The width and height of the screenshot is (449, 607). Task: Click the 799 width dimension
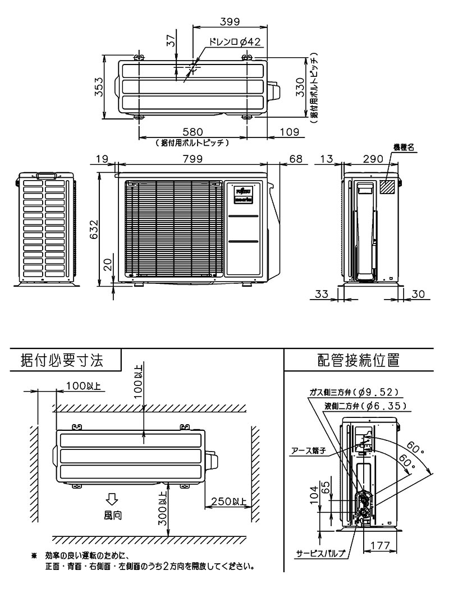(193, 159)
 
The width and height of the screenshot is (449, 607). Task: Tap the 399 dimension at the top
(229, 22)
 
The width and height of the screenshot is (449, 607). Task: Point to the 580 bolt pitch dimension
(192, 132)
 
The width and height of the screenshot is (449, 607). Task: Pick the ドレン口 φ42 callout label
(234, 42)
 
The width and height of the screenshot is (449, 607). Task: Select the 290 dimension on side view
(373, 159)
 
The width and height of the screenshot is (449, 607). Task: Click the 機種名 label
(403, 147)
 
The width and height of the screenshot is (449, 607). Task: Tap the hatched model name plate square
(387, 187)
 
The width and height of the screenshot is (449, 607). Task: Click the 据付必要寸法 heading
(62, 360)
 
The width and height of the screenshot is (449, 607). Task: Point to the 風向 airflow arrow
(112, 498)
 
